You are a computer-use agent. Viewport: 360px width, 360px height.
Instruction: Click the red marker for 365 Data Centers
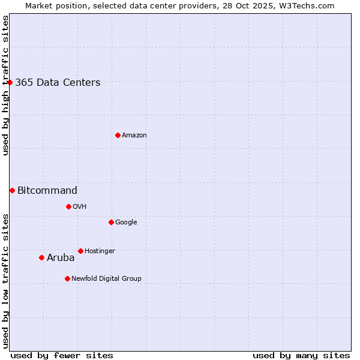(x=10, y=82)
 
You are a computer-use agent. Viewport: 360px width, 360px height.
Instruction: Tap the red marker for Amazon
(x=118, y=135)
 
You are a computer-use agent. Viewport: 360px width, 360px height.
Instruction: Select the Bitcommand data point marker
(x=12, y=190)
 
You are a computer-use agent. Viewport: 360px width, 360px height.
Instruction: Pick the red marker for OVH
(x=68, y=206)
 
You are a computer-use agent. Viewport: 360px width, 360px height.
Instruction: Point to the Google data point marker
(x=111, y=222)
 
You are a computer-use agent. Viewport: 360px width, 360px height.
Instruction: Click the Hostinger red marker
(x=80, y=251)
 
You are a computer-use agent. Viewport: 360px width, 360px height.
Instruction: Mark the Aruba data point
(x=41, y=257)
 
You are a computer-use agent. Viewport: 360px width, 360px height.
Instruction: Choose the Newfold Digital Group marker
(x=67, y=278)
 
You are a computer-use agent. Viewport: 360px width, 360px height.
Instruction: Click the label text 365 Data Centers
(x=58, y=83)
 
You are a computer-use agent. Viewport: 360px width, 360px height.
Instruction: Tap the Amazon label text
(x=134, y=136)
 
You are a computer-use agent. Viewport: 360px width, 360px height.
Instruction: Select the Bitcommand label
(x=47, y=191)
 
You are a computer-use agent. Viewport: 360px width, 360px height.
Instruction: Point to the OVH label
(x=80, y=207)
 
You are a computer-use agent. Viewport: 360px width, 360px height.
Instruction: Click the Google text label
(x=126, y=223)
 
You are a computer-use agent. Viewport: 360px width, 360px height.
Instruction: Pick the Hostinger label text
(x=100, y=251)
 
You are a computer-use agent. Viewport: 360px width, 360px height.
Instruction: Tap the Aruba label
(x=61, y=258)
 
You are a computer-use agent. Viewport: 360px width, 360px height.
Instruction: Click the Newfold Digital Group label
(x=106, y=279)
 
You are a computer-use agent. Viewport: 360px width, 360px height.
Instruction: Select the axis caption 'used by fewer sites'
(x=62, y=355)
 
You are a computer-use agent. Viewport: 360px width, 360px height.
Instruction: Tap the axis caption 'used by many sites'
(x=301, y=355)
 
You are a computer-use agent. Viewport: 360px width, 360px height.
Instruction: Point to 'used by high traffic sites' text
(x=6, y=85)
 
